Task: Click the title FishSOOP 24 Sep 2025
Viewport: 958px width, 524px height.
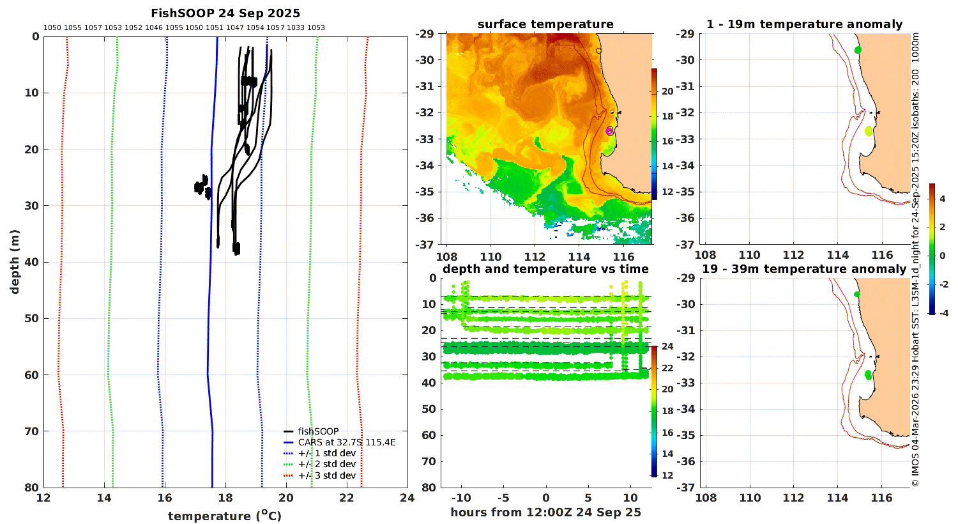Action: click(x=225, y=13)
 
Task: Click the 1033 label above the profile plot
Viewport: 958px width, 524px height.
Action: click(x=296, y=28)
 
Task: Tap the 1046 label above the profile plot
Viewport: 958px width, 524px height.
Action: click(x=153, y=28)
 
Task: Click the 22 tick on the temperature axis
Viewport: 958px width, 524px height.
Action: click(x=347, y=498)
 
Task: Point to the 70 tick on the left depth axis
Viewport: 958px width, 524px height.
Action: click(x=32, y=431)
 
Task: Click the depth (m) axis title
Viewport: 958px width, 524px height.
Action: click(x=15, y=262)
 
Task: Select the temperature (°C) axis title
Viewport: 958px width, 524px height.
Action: click(x=225, y=516)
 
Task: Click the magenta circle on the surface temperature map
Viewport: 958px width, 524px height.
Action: click(x=609, y=132)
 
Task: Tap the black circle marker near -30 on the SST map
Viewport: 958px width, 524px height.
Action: click(x=599, y=51)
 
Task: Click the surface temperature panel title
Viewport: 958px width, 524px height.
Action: click(x=545, y=24)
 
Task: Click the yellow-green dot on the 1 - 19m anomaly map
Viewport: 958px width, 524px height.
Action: click(x=868, y=131)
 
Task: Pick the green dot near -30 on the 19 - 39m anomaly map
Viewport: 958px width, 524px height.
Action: click(x=856, y=295)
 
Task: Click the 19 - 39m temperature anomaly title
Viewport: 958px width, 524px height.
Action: click(x=804, y=269)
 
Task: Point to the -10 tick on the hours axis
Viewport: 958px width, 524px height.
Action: click(x=461, y=498)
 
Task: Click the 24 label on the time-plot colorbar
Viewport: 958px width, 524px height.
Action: click(x=667, y=346)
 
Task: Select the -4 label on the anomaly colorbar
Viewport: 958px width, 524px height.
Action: click(x=943, y=313)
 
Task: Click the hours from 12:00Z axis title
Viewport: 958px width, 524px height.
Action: click(x=545, y=512)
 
